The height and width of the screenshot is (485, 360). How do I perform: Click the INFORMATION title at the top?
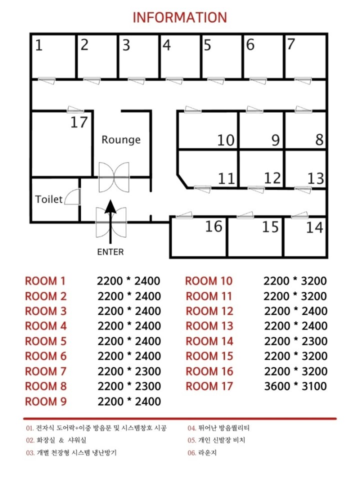point(179,17)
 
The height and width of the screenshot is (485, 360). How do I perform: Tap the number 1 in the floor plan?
point(38,45)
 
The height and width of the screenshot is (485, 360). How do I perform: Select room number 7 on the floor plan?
point(290,44)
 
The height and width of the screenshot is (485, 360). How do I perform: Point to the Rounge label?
point(121,140)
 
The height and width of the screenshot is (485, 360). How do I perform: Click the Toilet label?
point(48,199)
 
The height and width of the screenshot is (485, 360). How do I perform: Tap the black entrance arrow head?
point(110,207)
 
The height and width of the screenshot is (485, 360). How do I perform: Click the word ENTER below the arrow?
point(110,252)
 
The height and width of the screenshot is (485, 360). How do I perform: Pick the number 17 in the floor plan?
point(79,122)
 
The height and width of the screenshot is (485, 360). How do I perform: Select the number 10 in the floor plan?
point(225,140)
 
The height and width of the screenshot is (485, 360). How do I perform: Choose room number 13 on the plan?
point(315,178)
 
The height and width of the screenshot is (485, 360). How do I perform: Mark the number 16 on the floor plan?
point(213,226)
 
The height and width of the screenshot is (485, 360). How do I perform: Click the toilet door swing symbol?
point(72,196)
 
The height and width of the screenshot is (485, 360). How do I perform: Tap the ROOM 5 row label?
point(45,341)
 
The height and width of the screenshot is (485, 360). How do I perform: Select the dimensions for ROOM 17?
point(295,386)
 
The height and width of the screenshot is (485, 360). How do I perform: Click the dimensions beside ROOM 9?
point(129,401)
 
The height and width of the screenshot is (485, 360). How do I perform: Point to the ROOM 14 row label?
point(209,341)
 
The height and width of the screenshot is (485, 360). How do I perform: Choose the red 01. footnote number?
point(29,428)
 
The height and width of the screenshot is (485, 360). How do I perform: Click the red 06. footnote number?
point(191,453)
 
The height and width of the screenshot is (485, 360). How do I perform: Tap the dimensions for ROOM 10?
point(295,281)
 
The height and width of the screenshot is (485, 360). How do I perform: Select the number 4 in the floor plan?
point(166,45)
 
